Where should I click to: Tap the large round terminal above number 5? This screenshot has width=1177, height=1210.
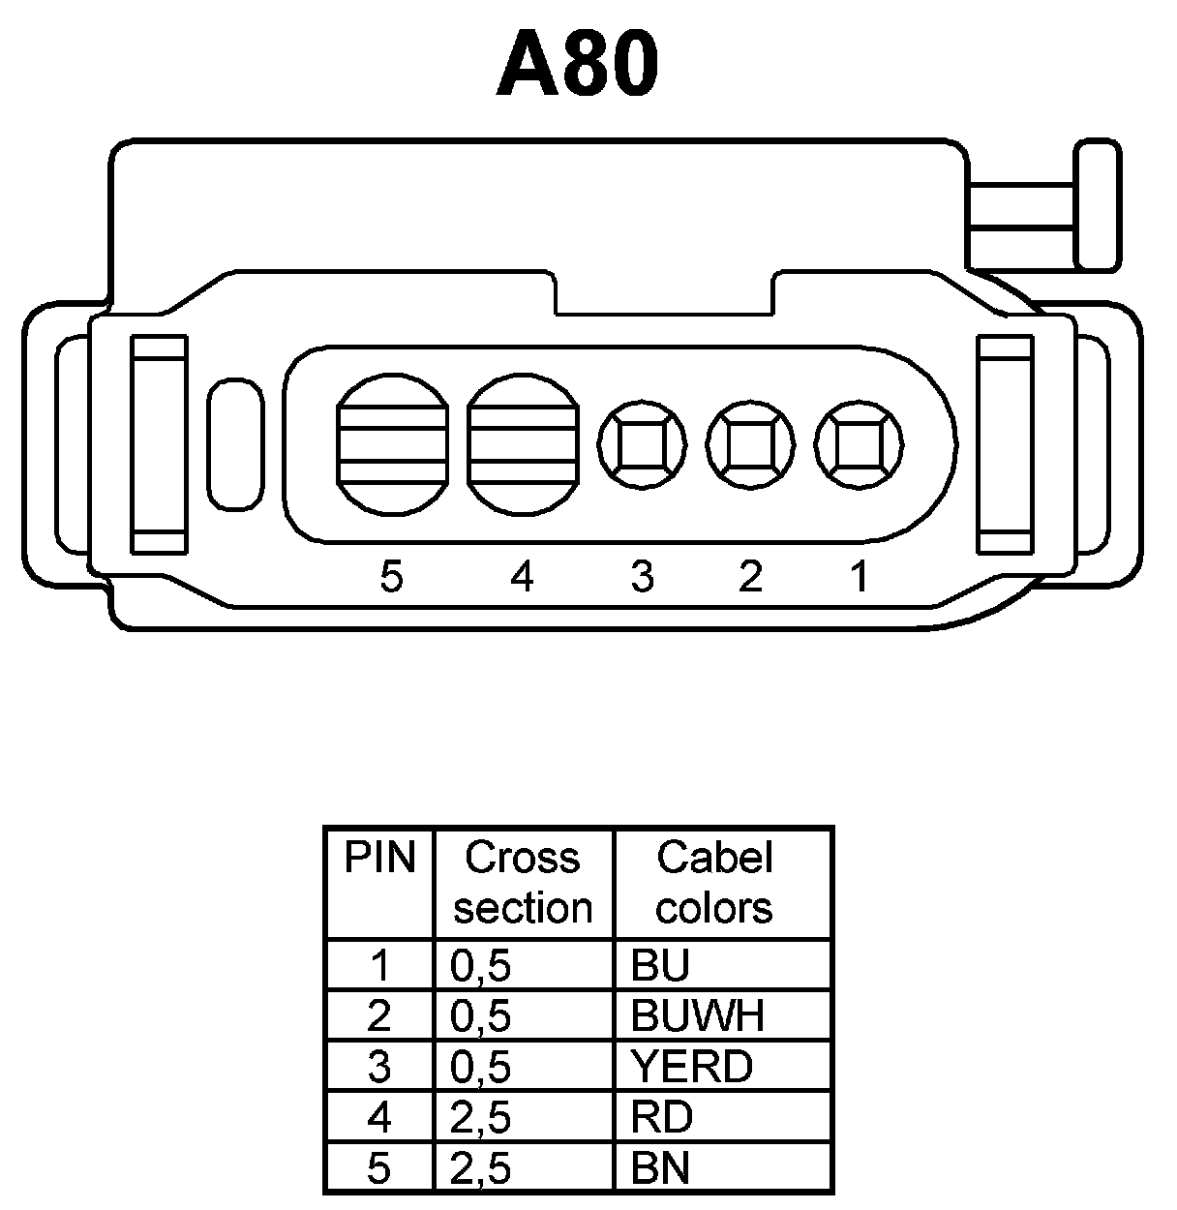click(x=392, y=444)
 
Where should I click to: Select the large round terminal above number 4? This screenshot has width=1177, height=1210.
click(x=522, y=444)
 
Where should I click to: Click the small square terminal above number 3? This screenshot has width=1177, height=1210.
click(x=642, y=446)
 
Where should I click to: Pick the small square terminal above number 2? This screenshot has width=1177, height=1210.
click(x=750, y=446)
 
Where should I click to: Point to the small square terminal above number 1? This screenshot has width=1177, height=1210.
click(x=859, y=446)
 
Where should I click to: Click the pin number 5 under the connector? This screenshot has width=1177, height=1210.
click(x=391, y=577)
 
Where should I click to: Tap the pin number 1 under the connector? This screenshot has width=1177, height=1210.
click(x=859, y=577)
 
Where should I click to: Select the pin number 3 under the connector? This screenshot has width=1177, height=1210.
click(x=642, y=577)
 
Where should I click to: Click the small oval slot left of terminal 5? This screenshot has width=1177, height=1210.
click(x=235, y=444)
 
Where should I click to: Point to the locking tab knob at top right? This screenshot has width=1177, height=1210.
click(x=1098, y=205)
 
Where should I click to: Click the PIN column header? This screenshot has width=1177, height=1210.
click(x=379, y=859)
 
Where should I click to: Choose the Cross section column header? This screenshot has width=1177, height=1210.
click(x=523, y=882)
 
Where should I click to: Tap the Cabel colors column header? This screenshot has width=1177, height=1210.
click(x=714, y=882)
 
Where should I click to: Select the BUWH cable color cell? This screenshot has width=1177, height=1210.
click(x=697, y=1015)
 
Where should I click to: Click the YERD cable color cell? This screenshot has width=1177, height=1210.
click(x=691, y=1067)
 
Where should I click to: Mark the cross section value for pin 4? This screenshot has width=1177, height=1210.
click(x=480, y=1118)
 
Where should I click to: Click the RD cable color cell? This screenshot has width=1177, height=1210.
click(x=662, y=1118)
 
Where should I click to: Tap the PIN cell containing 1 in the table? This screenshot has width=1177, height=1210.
click(x=379, y=965)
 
